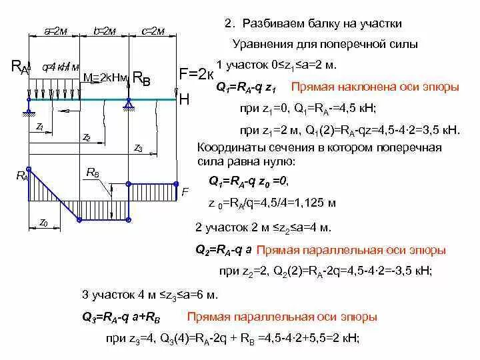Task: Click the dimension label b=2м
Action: pos(105,31)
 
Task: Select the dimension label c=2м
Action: pos(154,31)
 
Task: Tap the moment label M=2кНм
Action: pos(105,77)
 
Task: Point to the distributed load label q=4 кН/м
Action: pos(61,67)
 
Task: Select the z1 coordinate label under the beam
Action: pos(41,125)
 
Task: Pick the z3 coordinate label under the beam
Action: pos(138,148)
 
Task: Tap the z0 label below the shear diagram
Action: pos(43,221)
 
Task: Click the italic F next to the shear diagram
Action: pos(185,191)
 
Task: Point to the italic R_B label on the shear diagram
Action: pos(93,173)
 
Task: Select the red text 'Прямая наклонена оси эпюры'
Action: pos(375,87)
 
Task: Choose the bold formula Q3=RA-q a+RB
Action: pos(126,317)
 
